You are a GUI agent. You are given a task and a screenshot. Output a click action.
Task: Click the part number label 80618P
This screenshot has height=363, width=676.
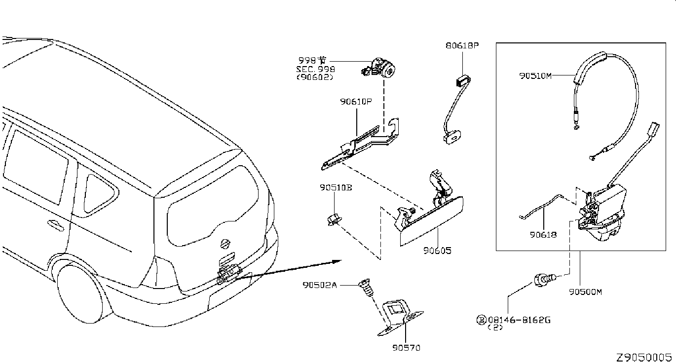click(x=462, y=45)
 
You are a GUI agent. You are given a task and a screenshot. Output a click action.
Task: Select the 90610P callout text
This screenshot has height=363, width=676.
click(x=356, y=102)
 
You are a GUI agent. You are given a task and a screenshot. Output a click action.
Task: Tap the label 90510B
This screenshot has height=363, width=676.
click(x=336, y=188)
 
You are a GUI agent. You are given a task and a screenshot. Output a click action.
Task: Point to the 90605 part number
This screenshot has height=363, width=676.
click(x=437, y=251)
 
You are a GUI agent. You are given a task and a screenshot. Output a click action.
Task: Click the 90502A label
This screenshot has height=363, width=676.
click(x=320, y=285)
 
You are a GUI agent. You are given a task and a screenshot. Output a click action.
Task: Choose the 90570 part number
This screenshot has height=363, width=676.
click(x=406, y=348)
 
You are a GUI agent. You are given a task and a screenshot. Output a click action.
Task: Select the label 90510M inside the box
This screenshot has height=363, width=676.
click(x=535, y=76)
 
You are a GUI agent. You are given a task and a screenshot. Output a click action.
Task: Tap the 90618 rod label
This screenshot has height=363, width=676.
click(x=543, y=235)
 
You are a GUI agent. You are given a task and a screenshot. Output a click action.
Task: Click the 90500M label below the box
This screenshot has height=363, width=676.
click(x=585, y=292)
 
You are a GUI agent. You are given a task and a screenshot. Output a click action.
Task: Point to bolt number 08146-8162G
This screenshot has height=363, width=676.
click(x=519, y=320)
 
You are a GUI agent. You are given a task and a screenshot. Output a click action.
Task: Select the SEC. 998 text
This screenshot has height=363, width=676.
click(x=315, y=69)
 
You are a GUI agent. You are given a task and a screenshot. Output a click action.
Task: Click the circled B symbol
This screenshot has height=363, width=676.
click(x=481, y=320)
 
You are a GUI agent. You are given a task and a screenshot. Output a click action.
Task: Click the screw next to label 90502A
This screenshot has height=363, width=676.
click(x=366, y=288)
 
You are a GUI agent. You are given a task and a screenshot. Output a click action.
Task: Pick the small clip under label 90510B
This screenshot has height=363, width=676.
click(x=335, y=219)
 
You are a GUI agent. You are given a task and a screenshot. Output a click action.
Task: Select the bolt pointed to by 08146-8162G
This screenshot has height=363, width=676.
click(x=545, y=280)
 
